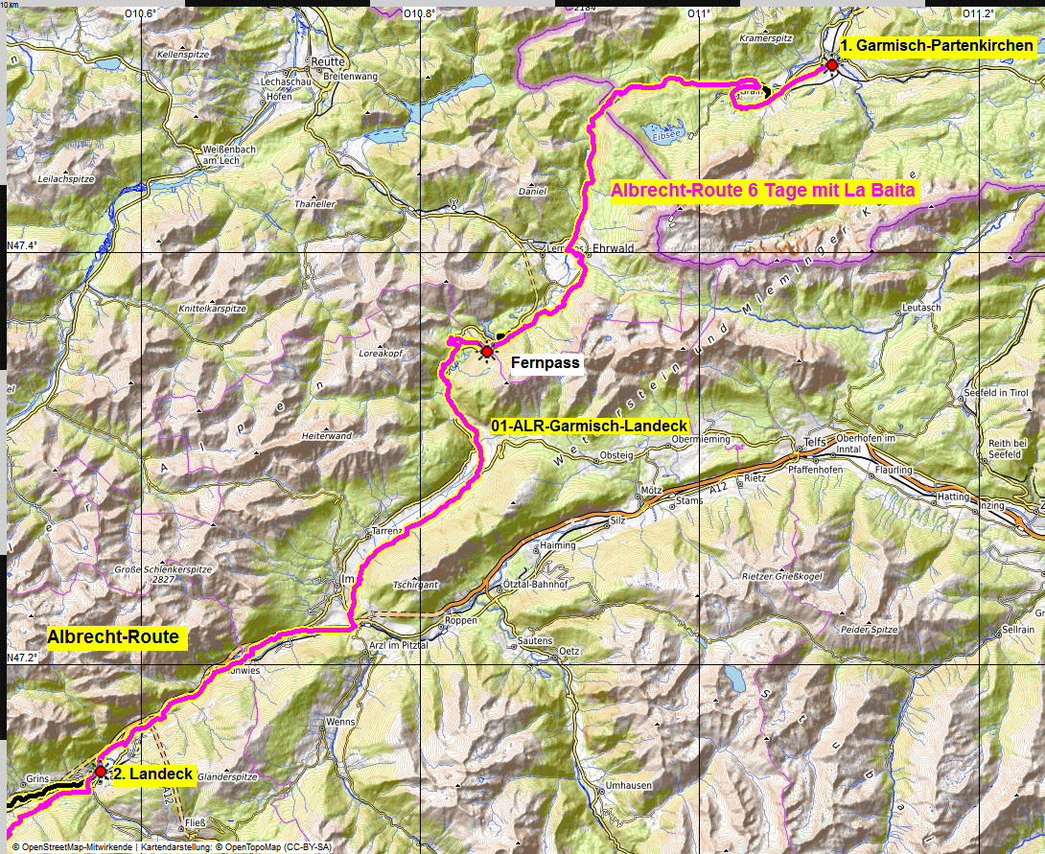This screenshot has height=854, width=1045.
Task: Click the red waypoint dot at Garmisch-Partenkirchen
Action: coord(832,64)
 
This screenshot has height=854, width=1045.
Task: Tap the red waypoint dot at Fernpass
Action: coord(487,352)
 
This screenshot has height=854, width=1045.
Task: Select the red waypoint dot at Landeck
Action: coord(100,771)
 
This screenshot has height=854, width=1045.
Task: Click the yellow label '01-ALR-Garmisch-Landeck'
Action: coord(590,426)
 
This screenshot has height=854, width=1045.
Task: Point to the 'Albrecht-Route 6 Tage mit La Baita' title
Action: coord(764,191)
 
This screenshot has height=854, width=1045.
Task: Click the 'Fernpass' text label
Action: coord(546,363)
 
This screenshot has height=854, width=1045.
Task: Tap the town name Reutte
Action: coord(329,60)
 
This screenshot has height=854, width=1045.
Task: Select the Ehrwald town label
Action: coord(615,247)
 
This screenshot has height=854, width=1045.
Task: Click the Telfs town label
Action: coord(813,444)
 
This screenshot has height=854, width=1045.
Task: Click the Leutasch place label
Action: coord(923,307)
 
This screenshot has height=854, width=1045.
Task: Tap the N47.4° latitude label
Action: coord(21,246)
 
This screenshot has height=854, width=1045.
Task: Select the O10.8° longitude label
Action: coord(419,13)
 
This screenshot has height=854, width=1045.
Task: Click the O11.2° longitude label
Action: coord(978,13)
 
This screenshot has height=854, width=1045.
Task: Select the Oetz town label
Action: coord(569,652)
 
